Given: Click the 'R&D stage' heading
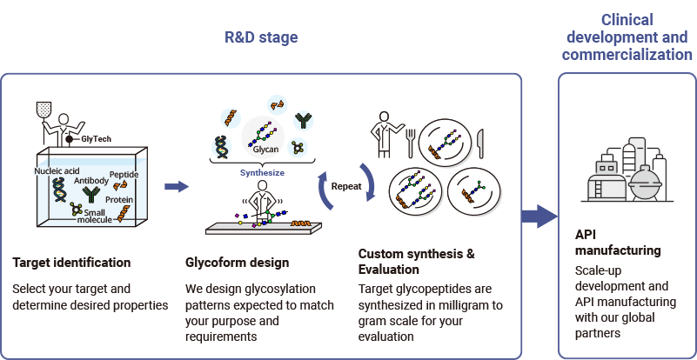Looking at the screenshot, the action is click(261, 37).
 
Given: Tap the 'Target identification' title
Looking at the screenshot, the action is click(71, 263).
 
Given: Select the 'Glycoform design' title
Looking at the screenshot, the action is click(237, 263).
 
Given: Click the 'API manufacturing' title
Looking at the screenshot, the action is click(618, 243).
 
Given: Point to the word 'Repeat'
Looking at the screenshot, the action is click(346, 187).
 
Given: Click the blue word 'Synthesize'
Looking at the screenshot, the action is click(262, 173).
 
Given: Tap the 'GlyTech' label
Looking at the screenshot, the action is click(96, 139).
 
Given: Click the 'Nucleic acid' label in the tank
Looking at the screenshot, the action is click(57, 171).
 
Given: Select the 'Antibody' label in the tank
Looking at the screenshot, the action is click(91, 181).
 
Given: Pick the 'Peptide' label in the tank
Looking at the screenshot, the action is click(124, 175).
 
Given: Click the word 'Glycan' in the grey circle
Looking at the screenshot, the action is click(265, 150).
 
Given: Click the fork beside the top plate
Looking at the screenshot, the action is click(411, 143).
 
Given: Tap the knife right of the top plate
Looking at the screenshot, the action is click(480, 143).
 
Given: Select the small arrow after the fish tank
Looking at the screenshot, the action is click(177, 187).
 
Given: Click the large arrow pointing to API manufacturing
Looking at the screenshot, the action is click(540, 217).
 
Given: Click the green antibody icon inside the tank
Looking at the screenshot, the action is click(92, 195).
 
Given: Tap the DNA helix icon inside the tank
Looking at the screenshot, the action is click(58, 190).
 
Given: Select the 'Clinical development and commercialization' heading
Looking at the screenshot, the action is click(627, 37).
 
